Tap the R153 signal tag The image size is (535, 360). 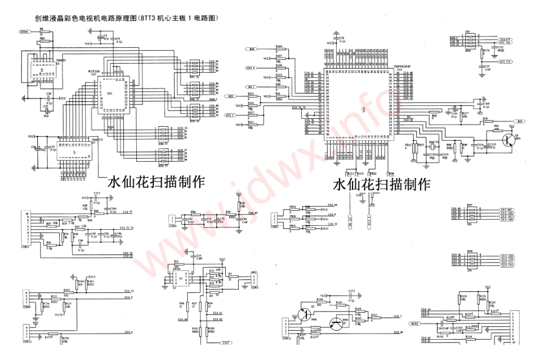click(x=414, y=324)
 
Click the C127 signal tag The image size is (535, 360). click(x=226, y=343)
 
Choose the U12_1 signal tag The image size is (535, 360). click(x=230, y=115)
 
